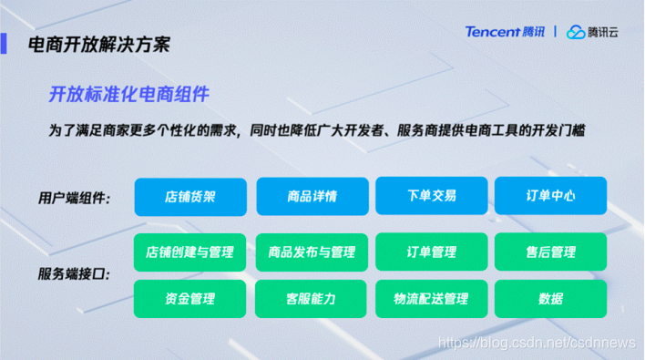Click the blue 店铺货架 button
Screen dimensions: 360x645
coord(190,196)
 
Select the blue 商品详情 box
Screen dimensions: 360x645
coord(312,196)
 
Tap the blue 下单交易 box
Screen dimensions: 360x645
coord(431,196)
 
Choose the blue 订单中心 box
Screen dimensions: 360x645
coord(550,196)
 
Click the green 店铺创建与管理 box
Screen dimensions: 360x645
coord(190,252)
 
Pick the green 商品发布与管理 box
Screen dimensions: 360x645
coord(312,252)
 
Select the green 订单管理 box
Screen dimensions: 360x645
coord(431,252)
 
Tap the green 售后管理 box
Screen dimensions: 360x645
coord(550,252)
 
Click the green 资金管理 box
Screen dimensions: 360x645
coord(190,299)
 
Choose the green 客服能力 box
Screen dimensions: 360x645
coord(312,299)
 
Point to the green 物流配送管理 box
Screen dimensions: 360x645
coord(431,299)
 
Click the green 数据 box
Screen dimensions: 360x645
coord(550,299)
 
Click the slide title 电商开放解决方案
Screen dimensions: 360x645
coord(98,44)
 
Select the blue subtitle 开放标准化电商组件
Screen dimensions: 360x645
coord(128,94)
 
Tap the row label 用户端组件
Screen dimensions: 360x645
coord(74,198)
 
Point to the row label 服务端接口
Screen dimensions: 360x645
coord(74,274)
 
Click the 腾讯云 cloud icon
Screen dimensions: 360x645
coord(576,33)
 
